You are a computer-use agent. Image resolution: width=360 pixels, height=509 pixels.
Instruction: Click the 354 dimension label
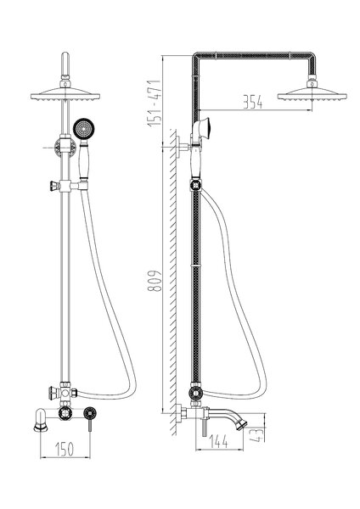coord(252,103)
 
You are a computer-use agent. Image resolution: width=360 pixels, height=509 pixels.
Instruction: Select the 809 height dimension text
coord(155,281)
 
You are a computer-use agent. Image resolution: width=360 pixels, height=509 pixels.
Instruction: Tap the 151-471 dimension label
coord(154,103)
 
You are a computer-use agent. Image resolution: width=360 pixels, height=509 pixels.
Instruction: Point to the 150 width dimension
coord(65,449)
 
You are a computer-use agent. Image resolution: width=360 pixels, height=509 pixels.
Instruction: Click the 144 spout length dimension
coord(219,441)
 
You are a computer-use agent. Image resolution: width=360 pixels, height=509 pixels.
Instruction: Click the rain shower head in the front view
coord(65,93)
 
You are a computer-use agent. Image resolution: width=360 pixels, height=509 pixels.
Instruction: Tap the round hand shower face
coord(83,129)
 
